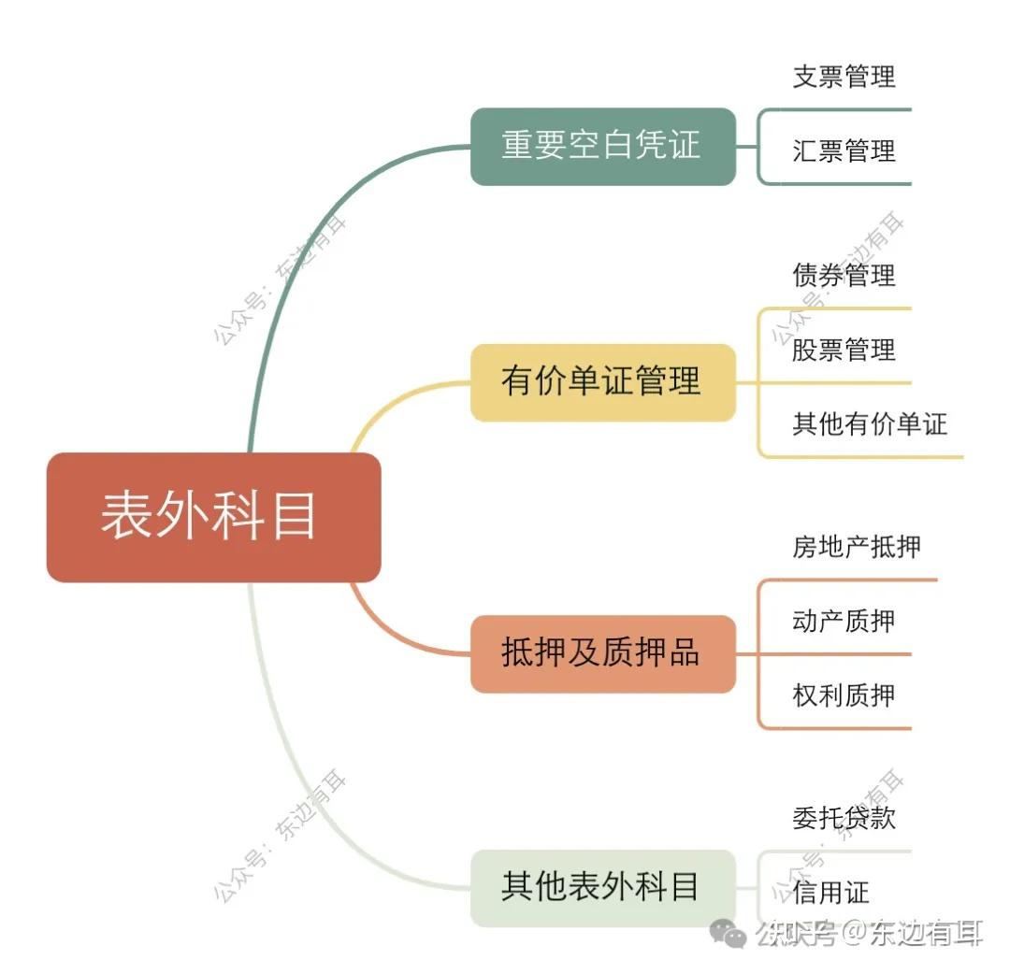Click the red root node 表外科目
click(x=213, y=517)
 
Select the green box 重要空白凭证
click(x=602, y=147)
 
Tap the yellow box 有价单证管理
click(x=602, y=382)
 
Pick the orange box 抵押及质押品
click(x=602, y=653)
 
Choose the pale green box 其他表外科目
click(x=602, y=887)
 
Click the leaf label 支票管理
click(x=844, y=77)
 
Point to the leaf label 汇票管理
click(x=844, y=150)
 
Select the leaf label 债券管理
click(x=844, y=275)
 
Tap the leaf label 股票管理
click(x=844, y=350)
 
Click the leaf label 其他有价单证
click(x=870, y=424)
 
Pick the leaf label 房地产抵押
click(x=857, y=547)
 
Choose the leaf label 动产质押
click(x=844, y=621)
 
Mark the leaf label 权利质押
click(x=844, y=695)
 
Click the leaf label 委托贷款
click(x=844, y=818)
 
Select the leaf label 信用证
click(x=830, y=893)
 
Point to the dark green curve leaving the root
click(x=281, y=280)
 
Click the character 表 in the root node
click(x=127, y=517)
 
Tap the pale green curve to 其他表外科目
click(x=290, y=766)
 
